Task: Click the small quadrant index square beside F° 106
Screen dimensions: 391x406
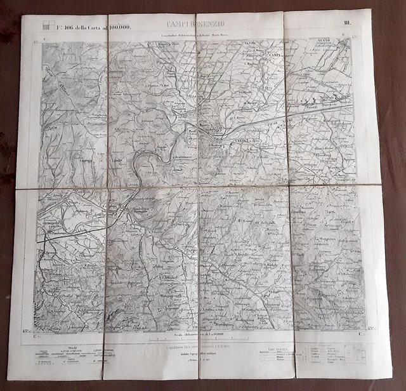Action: coord(46,27)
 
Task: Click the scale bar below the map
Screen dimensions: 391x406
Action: coord(197,336)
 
